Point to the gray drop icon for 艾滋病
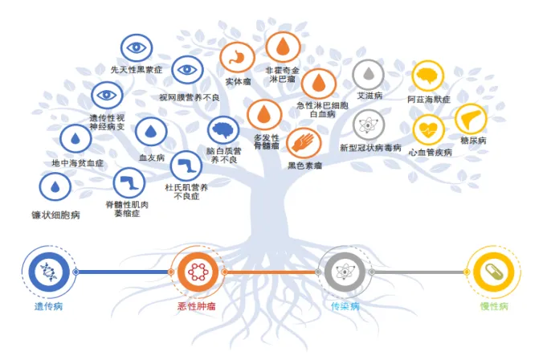[x=368, y=75]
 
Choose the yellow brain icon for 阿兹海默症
[x=428, y=77]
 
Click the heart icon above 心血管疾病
[x=428, y=129]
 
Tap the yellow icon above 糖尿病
[x=471, y=119]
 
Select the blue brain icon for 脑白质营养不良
[x=222, y=130]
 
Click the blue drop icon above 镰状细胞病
[x=55, y=188]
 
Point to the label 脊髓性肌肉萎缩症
[x=128, y=209]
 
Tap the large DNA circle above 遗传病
[x=48, y=272]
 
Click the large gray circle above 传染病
[x=344, y=272]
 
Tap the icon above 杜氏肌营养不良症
[x=186, y=166]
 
